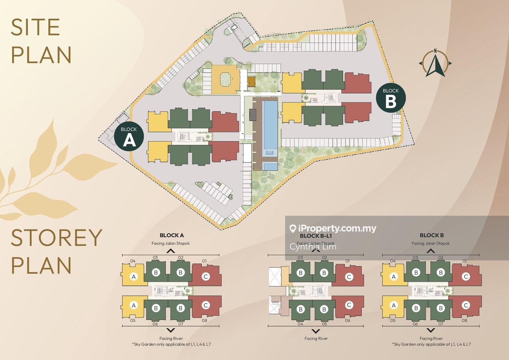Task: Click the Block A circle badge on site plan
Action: [129, 137]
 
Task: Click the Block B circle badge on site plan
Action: [391, 98]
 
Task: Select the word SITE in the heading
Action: [35, 27]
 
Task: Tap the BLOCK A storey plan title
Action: [171, 235]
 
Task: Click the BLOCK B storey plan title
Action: [431, 235]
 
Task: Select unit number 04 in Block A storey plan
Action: [133, 261]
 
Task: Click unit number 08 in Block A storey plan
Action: [204, 320]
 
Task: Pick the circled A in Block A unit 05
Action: [134, 305]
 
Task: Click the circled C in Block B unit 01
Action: [466, 276]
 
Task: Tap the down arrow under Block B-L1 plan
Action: [316, 331]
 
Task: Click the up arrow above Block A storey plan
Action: [171, 251]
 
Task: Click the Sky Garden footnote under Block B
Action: [431, 344]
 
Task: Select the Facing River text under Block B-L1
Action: [316, 338]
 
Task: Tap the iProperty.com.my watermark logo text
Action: [337, 229]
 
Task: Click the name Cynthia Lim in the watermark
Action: [313, 247]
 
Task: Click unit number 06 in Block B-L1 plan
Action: [347, 320]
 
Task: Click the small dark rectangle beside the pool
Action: [253, 114]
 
